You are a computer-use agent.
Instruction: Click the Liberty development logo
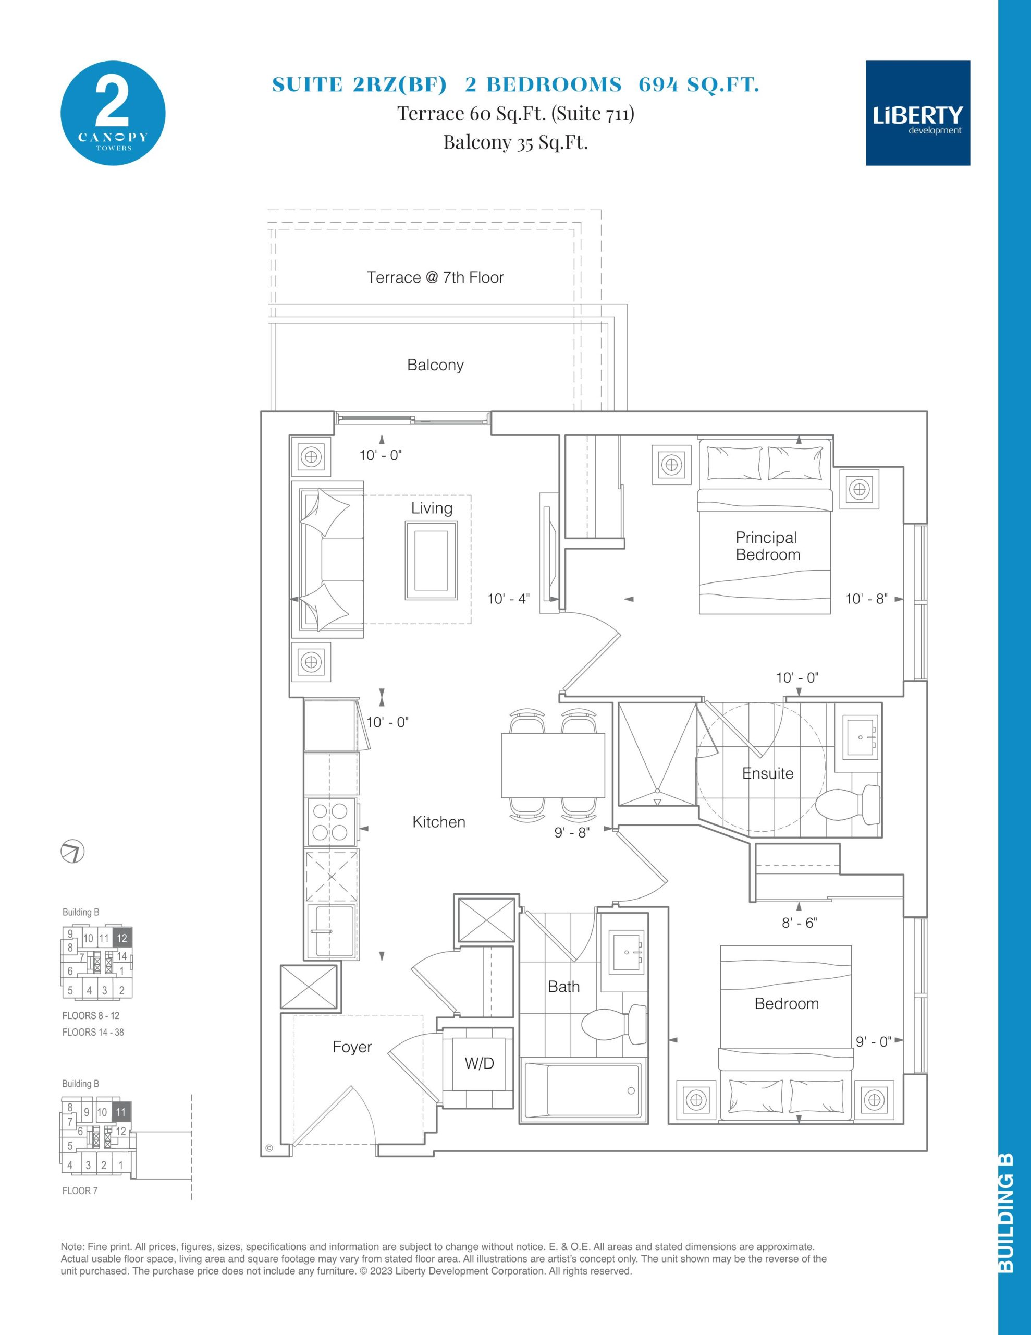pos(917,113)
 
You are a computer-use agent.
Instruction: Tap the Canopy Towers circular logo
pos(113,113)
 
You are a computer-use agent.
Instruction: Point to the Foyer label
pos(352,1047)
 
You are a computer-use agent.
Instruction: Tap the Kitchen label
pos(439,822)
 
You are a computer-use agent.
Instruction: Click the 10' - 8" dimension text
pos(866,599)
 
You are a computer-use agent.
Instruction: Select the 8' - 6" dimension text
pos(799,923)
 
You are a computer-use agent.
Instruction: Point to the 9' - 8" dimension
pos(571,832)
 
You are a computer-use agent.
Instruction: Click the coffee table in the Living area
pos(432,560)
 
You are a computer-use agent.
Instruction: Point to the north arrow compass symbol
pos(73,852)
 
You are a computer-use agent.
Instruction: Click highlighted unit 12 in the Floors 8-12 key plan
pos(122,938)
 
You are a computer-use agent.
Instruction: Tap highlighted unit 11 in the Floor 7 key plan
pos(121,1112)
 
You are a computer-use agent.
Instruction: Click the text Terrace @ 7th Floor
pos(435,277)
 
